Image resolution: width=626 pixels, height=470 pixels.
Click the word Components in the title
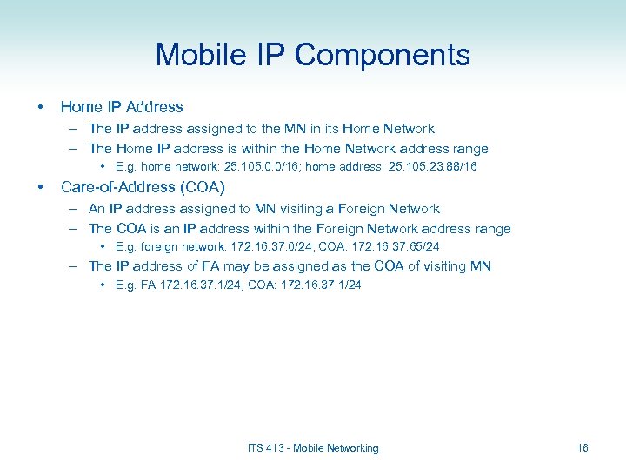click(383, 56)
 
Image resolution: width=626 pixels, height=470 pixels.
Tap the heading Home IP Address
click(122, 107)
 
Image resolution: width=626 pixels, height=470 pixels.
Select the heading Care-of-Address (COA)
click(143, 187)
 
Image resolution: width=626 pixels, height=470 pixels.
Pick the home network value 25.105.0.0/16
click(256, 166)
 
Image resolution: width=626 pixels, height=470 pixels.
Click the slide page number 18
click(583, 448)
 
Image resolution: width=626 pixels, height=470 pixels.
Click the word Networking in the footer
click(352, 448)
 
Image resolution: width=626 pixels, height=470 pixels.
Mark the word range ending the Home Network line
click(469, 149)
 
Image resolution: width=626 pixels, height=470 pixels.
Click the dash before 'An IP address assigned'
click(75, 209)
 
